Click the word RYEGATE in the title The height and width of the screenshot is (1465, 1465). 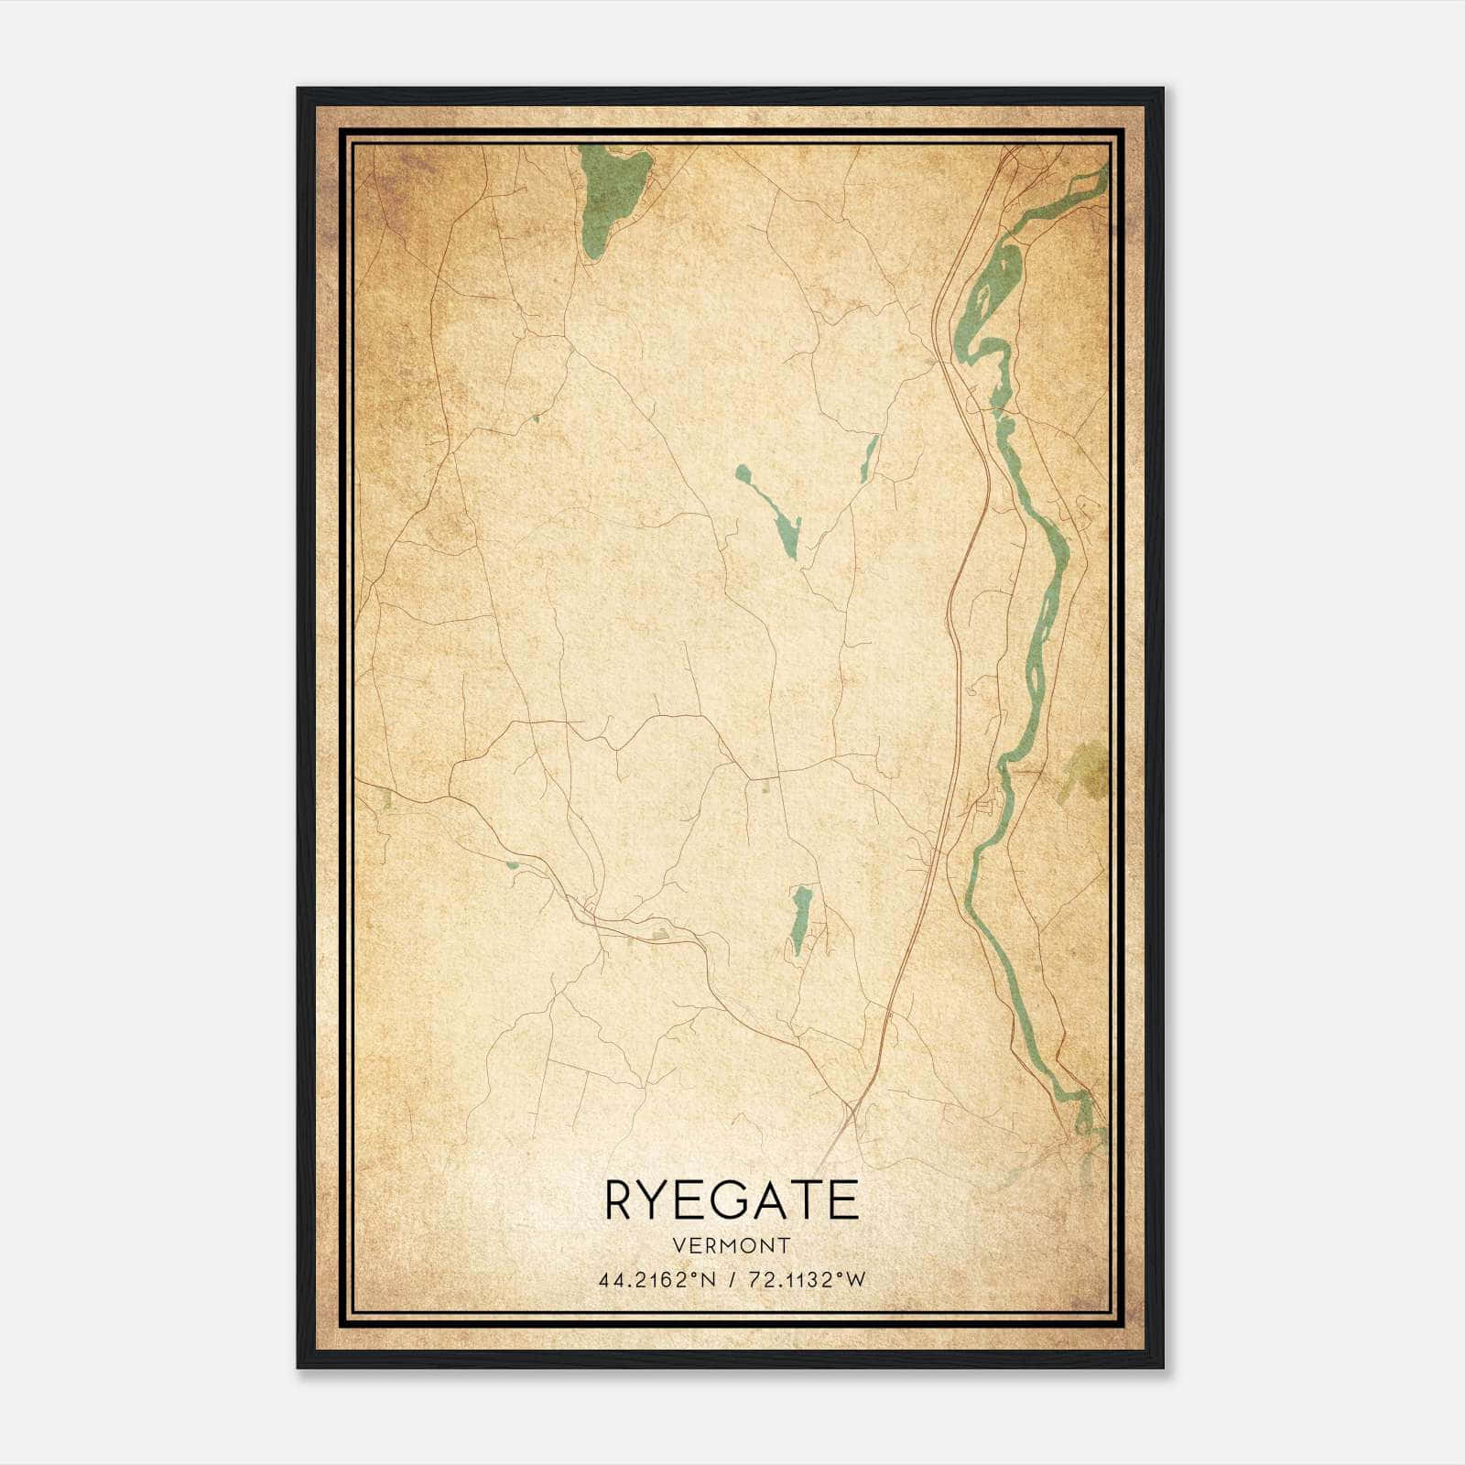[732, 1200]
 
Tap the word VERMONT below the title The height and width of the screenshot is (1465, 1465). [732, 1246]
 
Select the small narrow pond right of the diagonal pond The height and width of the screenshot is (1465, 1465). [868, 458]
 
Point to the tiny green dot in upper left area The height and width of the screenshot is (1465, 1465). [535, 418]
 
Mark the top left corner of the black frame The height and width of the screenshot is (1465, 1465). [298, 90]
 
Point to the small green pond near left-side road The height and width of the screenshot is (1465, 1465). [512, 863]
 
